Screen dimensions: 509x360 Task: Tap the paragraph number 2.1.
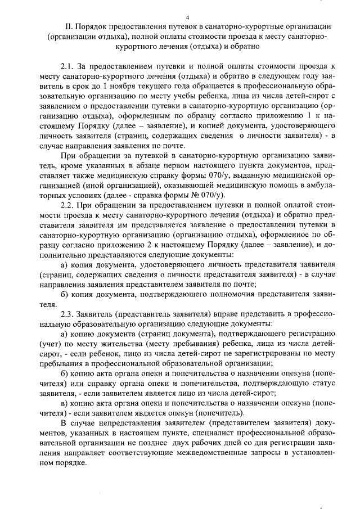click(67, 66)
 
